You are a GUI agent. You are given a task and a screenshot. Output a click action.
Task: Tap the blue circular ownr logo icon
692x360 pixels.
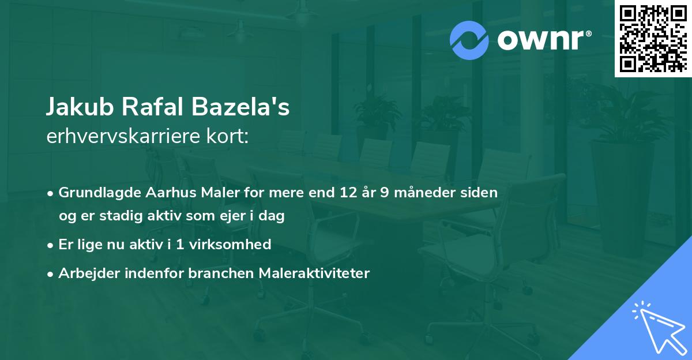pos(469,40)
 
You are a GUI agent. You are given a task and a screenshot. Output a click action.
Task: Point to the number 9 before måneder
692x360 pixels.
pos(383,192)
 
